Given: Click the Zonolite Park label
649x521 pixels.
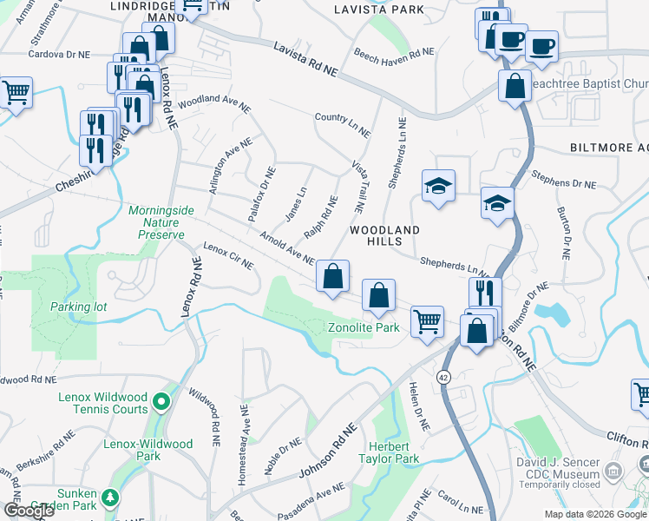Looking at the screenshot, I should tap(364, 327).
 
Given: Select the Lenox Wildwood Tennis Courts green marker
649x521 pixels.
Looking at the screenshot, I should tap(161, 402).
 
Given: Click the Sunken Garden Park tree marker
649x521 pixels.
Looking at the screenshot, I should tap(110, 498).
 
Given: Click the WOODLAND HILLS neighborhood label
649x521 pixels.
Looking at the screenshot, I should tap(384, 236).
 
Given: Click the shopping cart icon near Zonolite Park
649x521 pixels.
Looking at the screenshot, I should tap(427, 320).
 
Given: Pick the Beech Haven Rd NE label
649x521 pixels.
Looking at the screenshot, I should tap(393, 53).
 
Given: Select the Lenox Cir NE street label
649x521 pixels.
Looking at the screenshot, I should tap(227, 254).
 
